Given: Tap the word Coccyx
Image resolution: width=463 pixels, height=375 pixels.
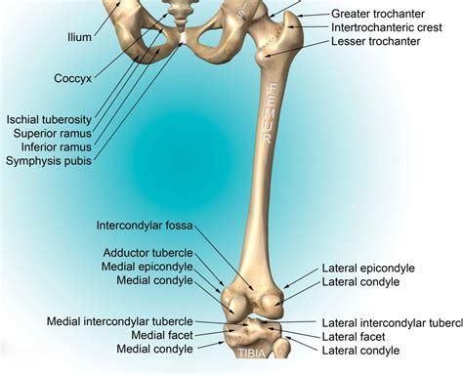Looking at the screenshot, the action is pyautogui.click(x=48, y=77).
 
